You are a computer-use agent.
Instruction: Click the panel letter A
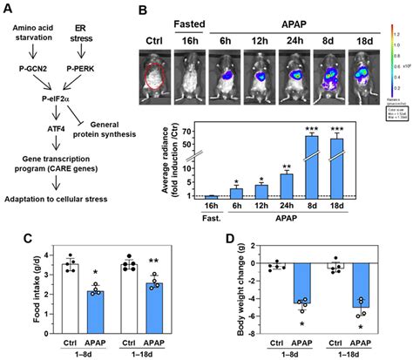click(x=10, y=9)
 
